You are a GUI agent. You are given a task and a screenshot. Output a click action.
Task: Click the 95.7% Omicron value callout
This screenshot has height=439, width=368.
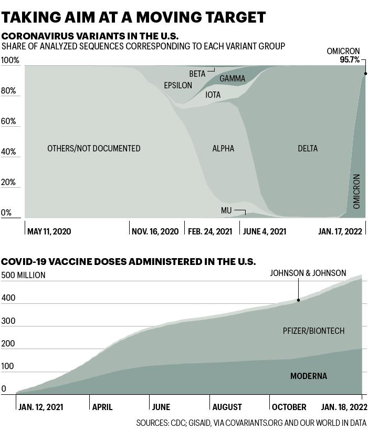[x=350, y=59]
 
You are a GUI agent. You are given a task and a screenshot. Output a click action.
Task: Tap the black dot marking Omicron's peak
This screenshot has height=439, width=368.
[x=365, y=74]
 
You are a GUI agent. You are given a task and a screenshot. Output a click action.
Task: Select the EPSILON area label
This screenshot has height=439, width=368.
[x=178, y=85]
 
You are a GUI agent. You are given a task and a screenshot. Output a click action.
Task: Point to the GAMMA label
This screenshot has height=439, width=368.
[x=232, y=78]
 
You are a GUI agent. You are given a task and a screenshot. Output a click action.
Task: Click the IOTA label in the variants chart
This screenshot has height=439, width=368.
[x=213, y=95]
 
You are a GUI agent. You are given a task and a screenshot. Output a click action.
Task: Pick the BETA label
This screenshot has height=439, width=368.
[x=197, y=74]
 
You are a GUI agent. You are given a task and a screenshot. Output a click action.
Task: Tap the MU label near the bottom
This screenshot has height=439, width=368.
[x=226, y=210]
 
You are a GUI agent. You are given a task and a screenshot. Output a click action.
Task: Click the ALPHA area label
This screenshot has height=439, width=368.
[x=223, y=148]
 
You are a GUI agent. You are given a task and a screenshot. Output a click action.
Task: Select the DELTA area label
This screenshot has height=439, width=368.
[x=308, y=148]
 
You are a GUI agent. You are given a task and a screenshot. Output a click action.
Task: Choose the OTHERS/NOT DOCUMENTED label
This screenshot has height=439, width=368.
[x=94, y=148]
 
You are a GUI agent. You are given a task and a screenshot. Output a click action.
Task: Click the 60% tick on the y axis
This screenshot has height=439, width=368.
[x=8, y=121]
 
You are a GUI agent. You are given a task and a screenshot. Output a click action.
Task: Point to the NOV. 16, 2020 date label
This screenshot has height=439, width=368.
[x=155, y=231]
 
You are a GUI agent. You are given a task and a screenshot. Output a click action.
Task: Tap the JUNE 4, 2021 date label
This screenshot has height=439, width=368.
[x=265, y=231]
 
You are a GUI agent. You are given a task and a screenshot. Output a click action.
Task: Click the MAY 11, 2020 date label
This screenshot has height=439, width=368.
[x=49, y=231]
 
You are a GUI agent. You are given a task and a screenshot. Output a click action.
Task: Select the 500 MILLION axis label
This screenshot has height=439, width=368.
[x=23, y=275]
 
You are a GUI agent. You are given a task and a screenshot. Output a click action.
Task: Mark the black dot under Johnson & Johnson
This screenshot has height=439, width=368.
[x=298, y=300]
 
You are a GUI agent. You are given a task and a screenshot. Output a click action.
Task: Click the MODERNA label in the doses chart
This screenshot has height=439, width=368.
[x=309, y=376]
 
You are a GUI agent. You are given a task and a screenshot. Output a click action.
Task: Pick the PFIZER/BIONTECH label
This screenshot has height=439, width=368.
[x=313, y=331]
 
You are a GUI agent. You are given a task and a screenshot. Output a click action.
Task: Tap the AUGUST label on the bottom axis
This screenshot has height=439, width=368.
[x=227, y=407]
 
